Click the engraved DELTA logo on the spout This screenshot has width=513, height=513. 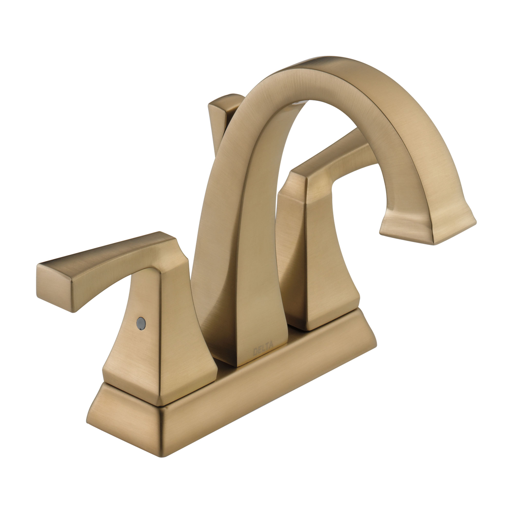(x=263, y=348)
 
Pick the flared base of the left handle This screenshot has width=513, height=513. (x=159, y=372)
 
